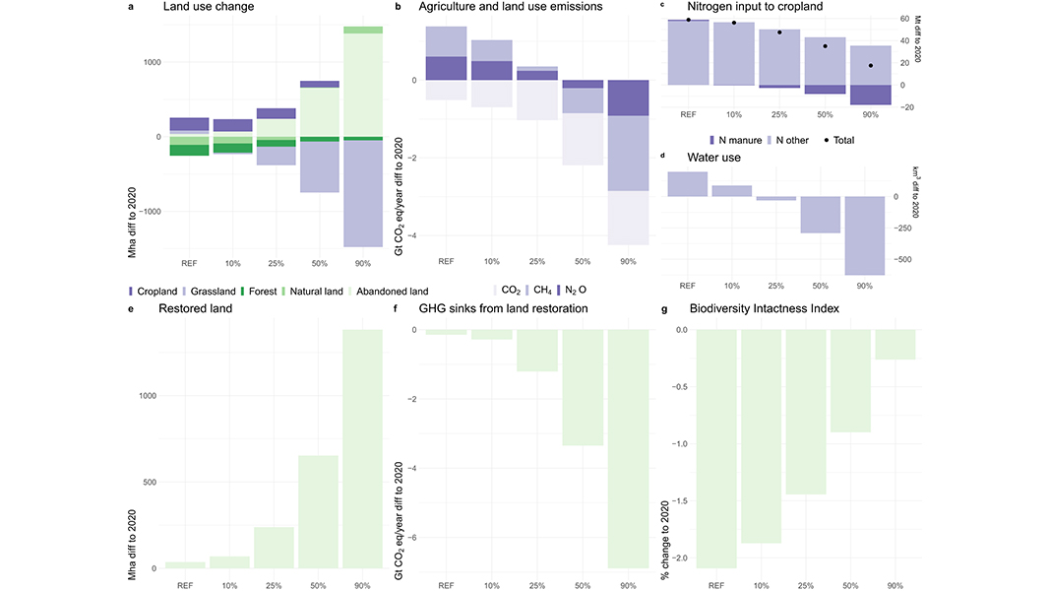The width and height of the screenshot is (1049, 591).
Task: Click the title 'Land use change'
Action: pos(208,8)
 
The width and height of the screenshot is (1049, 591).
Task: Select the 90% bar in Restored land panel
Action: pos(363,448)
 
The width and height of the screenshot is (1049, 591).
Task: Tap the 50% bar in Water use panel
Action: pos(820,215)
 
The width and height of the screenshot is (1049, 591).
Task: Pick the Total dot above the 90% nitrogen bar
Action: pos(871,66)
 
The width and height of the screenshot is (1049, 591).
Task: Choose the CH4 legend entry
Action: pos(541,291)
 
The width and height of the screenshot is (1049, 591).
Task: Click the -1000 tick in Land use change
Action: pos(149,212)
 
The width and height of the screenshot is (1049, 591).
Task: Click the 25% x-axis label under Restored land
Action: pos(274,585)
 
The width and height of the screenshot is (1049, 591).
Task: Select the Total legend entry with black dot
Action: pos(839,140)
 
